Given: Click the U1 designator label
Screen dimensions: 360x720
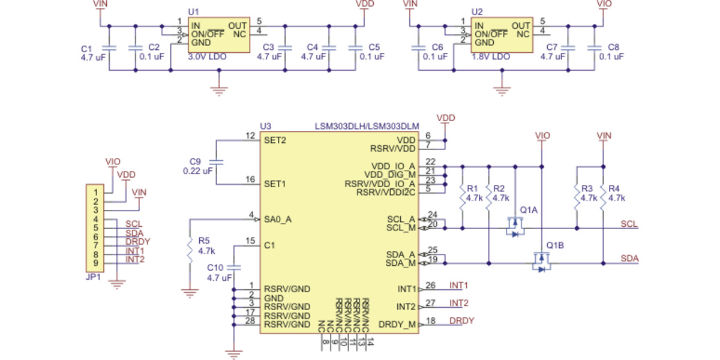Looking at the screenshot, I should pyautogui.click(x=193, y=12).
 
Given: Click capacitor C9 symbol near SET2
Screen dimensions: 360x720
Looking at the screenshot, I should pyautogui.click(x=217, y=162).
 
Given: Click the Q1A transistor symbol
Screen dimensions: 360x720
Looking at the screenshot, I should pyautogui.click(x=514, y=227).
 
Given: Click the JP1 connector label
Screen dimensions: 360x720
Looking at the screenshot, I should pyautogui.click(x=93, y=278).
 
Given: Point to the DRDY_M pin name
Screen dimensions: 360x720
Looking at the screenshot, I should pyautogui.click(x=397, y=325).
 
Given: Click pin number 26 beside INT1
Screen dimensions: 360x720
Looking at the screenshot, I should pyautogui.click(x=430, y=286).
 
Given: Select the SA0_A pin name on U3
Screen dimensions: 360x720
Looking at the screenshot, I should pyautogui.click(x=278, y=220).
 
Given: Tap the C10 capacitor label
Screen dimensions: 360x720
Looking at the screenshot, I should pyautogui.click(x=215, y=268).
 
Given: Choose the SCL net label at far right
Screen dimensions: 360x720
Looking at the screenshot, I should pyautogui.click(x=629, y=224).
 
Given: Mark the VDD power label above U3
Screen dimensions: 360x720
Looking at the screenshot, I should pyautogui.click(x=446, y=118).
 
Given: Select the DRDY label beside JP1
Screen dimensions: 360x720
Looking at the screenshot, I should pyautogui.click(x=137, y=242).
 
